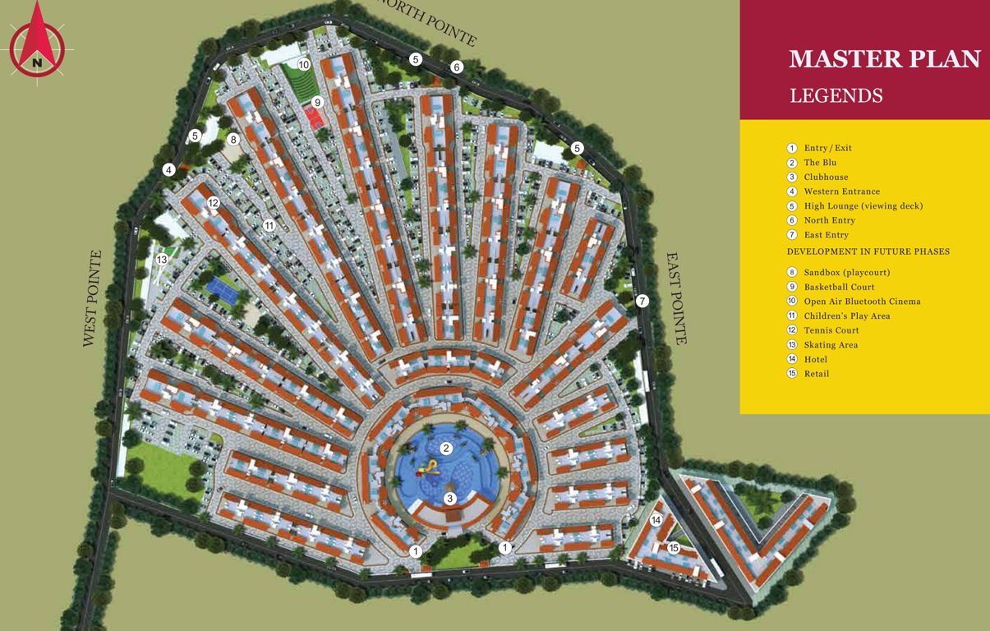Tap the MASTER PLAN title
coord(885,59)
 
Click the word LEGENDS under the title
coord(836,96)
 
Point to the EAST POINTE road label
coord(675,298)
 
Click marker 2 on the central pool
coord(446,449)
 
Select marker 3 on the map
coord(449,499)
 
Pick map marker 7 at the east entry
coord(642,302)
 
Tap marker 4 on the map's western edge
coord(168,170)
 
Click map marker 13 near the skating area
coord(162,260)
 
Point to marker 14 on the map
coord(656,520)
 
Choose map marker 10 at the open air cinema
coord(304,64)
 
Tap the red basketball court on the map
coord(314,116)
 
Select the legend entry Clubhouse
coord(826,177)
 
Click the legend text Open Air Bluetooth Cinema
coord(862,302)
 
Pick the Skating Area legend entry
coord(831,345)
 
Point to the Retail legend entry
coord(816,374)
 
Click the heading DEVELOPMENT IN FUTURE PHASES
coord(868,251)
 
